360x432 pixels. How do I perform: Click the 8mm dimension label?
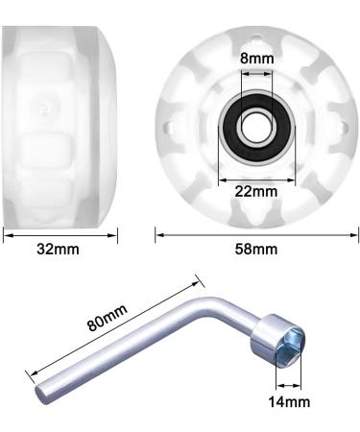click(257, 59)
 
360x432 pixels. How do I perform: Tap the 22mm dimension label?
click(256, 191)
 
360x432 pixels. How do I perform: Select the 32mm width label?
click(58, 249)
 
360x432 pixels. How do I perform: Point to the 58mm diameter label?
click(256, 249)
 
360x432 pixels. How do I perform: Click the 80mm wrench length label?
click(108, 318)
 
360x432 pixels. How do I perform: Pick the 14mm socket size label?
click(289, 401)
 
